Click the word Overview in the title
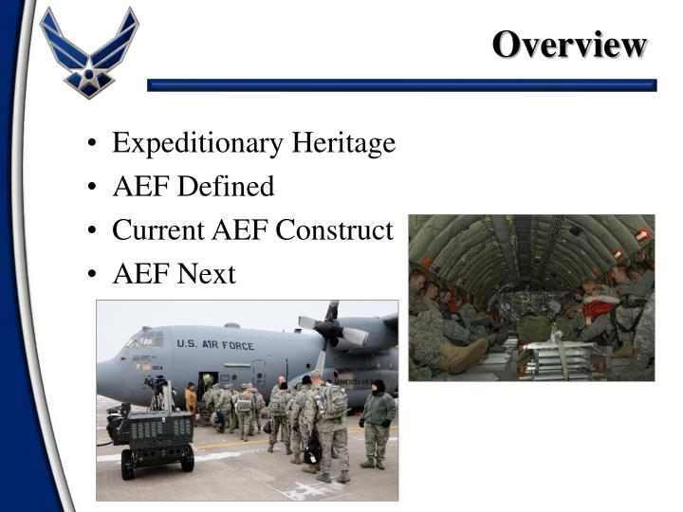click(x=569, y=44)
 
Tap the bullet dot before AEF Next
click(x=89, y=275)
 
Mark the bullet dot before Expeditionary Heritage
click(x=89, y=144)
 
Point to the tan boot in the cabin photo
click(x=465, y=356)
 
